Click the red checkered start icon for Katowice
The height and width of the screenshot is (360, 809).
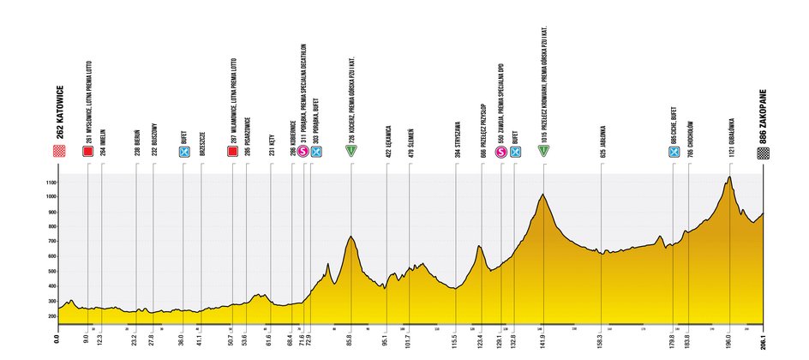point(59,152)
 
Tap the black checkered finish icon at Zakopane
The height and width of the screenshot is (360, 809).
point(762,152)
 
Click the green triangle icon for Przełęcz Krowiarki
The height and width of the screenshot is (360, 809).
point(543,152)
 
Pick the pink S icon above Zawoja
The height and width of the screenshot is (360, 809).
point(501,152)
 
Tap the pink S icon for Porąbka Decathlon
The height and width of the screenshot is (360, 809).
point(303,152)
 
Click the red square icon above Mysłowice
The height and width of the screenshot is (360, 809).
point(87,152)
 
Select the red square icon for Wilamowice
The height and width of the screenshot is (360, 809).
point(232,152)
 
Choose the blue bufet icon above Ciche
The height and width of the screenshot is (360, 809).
point(674,152)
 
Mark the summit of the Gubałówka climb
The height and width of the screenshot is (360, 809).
point(729,177)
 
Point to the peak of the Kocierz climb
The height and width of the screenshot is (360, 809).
point(351,237)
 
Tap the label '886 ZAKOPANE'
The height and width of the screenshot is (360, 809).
point(762,112)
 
